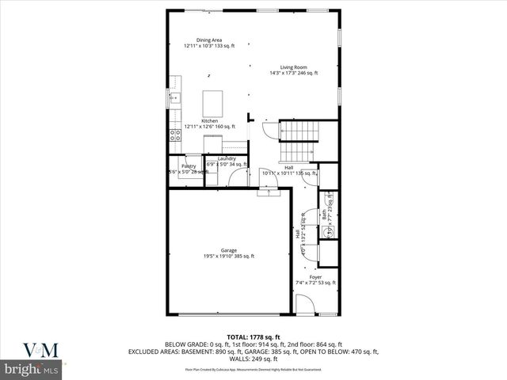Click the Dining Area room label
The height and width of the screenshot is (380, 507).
click(x=209, y=40)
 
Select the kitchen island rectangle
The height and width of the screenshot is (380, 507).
click(x=213, y=104)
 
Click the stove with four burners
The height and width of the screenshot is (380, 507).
click(x=175, y=135)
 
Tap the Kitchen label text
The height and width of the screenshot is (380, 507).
click(x=209, y=120)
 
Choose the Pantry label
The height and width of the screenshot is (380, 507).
click(x=188, y=165)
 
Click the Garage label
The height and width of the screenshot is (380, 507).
click(x=228, y=250)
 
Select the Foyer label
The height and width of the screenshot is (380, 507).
click(x=315, y=277)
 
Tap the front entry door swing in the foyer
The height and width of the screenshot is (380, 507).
click(x=304, y=305)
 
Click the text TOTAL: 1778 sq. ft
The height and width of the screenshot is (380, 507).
click(x=253, y=337)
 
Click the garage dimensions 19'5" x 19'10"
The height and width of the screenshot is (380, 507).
click(x=228, y=256)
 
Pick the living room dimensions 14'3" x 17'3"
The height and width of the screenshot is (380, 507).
click(x=293, y=73)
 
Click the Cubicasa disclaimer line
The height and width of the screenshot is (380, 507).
click(x=253, y=369)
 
